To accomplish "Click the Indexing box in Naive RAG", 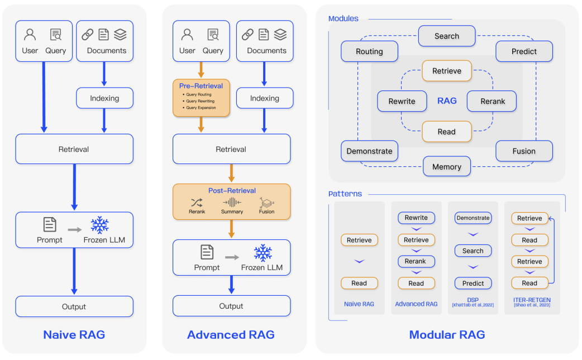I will pos(104,98).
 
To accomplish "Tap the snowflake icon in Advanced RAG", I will pos(263,253).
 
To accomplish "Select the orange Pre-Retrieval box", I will pos(201,98).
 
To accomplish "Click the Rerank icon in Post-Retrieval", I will pos(197,203).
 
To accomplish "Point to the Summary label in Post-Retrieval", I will pos(232,212).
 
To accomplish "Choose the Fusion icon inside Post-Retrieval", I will pos(266,203).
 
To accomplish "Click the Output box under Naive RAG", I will pos(74,306).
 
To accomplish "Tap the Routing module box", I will pos(369,51).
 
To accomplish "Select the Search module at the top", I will pos(447,36).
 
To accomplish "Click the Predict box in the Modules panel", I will pos(524,51).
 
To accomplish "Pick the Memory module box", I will pos(447,166).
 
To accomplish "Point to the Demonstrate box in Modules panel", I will pos(369,151).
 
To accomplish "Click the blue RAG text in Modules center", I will pos(447,101).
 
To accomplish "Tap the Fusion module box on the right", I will pos(524,151).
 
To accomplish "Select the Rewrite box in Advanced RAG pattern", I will pos(416,218).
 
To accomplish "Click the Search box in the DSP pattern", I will pos(473,251).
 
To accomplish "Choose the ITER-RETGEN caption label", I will pos(532,301).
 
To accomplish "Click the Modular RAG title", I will pos(447,335).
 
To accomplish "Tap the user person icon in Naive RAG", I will pos(30,35).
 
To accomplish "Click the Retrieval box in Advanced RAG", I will pos(231,149).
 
